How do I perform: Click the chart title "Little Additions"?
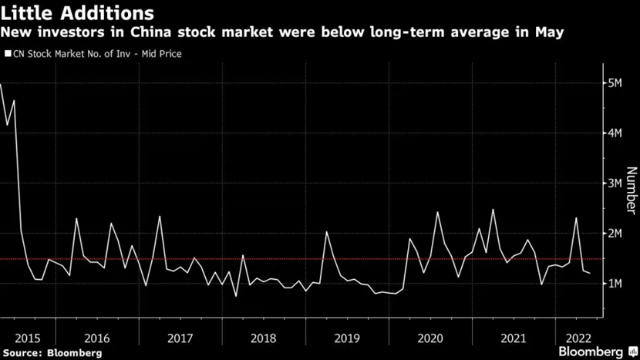pyautogui.click(x=77, y=13)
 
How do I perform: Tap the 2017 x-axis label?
pyautogui.click(x=180, y=337)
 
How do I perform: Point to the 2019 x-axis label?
pyautogui.click(x=347, y=337)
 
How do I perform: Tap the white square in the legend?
pyautogui.click(x=7, y=54)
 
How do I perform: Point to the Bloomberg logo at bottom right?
pyautogui.click(x=590, y=352)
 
